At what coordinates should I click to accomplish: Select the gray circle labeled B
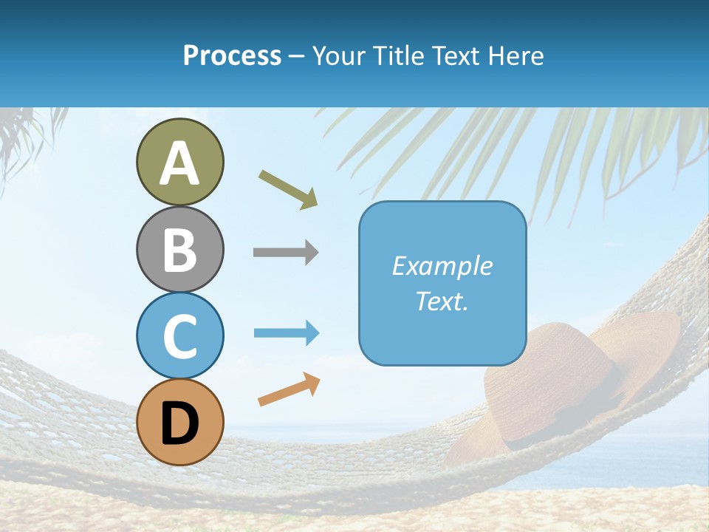(179, 249)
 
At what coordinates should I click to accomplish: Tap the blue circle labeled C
(179, 335)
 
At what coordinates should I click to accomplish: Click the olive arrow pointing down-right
(288, 188)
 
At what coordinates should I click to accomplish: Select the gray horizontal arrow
(286, 253)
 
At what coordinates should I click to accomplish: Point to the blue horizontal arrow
(287, 333)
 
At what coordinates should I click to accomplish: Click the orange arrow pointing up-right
(289, 389)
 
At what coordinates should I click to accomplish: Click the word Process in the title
(232, 56)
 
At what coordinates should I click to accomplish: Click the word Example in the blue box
(442, 266)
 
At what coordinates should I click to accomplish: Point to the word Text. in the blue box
(442, 301)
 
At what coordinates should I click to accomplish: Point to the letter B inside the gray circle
(179, 250)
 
